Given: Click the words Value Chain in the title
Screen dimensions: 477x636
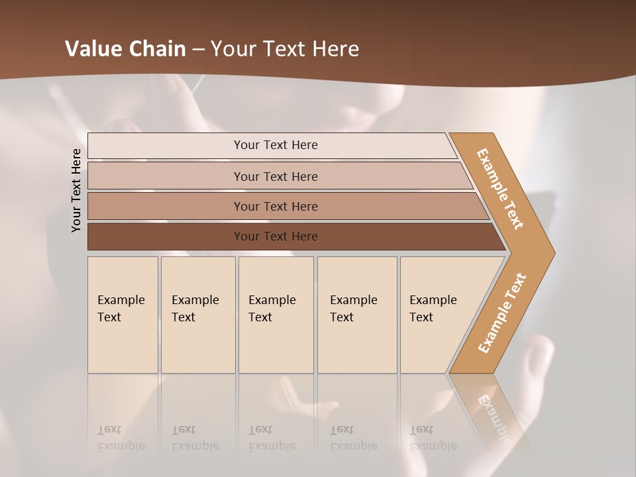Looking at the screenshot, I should pos(125,49).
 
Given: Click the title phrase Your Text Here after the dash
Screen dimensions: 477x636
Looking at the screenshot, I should pos(285,49).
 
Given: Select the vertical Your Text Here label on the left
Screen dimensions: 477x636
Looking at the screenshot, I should pos(76,191).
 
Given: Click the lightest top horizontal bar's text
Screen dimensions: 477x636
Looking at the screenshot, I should pos(276,145).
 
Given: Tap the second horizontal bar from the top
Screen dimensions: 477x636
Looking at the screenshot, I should pos(276,176).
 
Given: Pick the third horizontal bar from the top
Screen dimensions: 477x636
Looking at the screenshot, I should pos(276,206).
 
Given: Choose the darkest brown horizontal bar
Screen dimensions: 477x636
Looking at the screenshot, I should pos(276,237).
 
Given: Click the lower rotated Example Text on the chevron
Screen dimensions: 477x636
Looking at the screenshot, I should pos(502,313).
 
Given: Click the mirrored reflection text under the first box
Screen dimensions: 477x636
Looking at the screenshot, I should pos(121,439).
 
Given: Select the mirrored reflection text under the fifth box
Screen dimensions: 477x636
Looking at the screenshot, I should pos(433,439).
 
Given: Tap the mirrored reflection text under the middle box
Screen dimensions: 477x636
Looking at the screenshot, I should pos(272,439).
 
